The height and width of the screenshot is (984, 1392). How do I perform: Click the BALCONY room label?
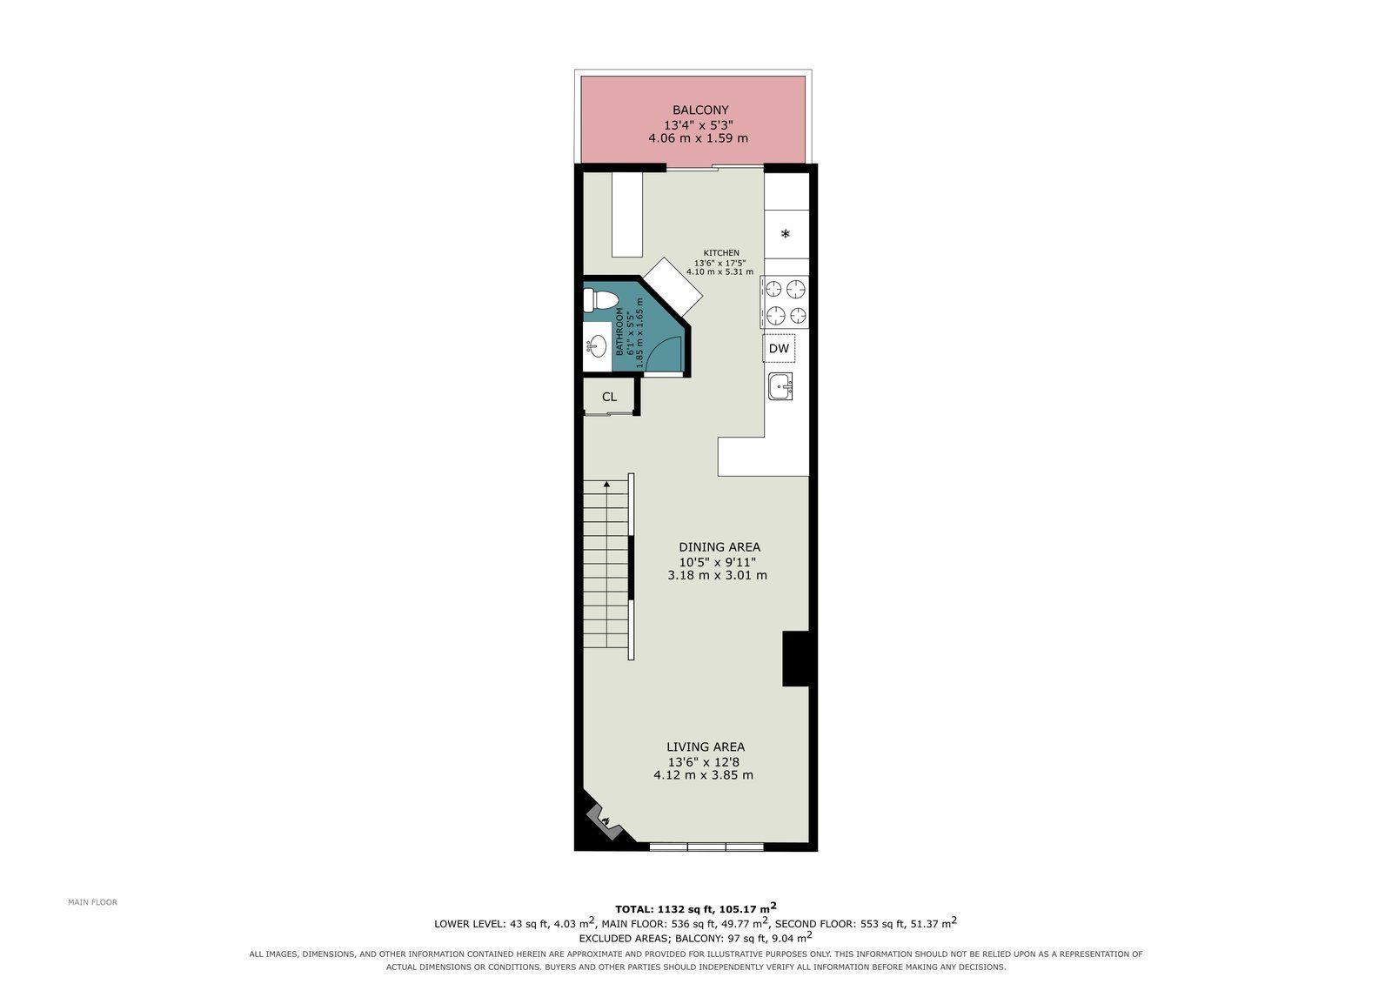pos(700,110)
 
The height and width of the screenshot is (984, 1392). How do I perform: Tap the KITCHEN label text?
pos(721,253)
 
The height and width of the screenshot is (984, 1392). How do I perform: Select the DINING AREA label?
pos(719,547)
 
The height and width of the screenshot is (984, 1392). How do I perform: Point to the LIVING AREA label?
pos(706,746)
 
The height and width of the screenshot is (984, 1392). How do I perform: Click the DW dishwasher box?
pos(779,348)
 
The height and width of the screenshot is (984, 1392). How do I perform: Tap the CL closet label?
pos(609,397)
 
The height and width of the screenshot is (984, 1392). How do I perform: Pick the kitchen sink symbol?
pos(780,386)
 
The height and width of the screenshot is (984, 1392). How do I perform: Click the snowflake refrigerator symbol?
pos(786,234)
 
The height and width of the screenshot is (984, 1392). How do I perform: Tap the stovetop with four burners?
pos(785,302)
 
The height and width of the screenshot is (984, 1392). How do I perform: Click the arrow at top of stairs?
pos(606,484)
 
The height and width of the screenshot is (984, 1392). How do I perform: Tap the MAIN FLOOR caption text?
pos(92,902)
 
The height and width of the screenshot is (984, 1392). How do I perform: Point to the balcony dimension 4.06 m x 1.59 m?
pos(699,138)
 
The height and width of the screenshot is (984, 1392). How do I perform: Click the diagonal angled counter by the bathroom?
pos(673,287)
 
